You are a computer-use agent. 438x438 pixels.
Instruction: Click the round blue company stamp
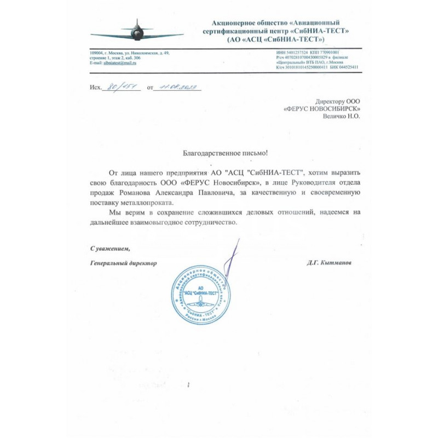(200, 295)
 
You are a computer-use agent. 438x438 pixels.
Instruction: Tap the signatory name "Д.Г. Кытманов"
(329, 263)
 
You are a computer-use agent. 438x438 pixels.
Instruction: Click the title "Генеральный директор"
(123, 263)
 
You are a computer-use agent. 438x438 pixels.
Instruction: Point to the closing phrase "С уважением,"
(110, 249)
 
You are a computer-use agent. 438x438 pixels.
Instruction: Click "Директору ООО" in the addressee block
(338, 101)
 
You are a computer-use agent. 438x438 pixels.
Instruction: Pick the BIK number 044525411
(347, 67)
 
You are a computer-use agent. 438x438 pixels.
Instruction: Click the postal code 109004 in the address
(96, 53)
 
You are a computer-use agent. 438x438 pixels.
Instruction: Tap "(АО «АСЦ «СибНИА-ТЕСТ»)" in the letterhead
(275, 39)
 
